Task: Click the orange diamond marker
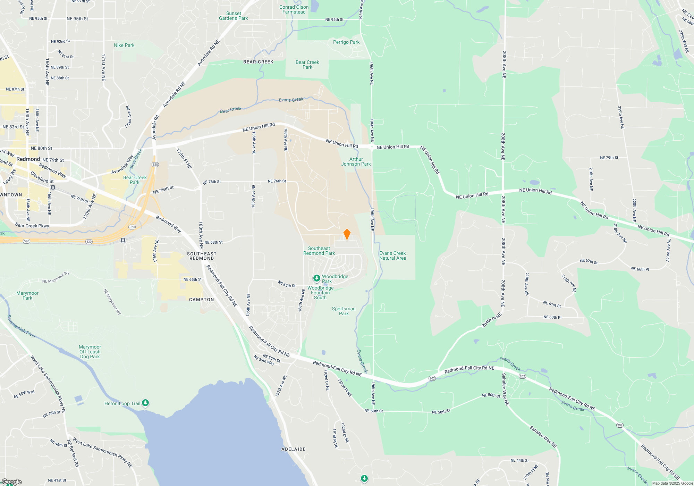click(347, 234)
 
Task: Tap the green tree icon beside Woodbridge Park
click(316, 278)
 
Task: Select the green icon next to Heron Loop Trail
click(146, 403)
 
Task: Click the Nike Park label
click(124, 45)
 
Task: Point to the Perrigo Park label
click(346, 42)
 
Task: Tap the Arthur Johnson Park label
click(356, 161)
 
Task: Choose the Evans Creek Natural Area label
click(392, 255)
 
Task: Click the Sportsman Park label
click(344, 311)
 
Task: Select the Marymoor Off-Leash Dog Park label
click(90, 352)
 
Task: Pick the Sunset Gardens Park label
click(234, 16)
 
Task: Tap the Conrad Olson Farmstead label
click(294, 9)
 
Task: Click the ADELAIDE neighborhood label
click(294, 449)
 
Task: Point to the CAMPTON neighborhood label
click(202, 300)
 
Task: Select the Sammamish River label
click(22, 326)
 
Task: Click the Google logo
click(11, 482)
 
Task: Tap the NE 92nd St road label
click(60, 41)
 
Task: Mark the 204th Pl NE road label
click(492, 320)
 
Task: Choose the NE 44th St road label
click(519, 461)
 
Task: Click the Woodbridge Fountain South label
click(320, 293)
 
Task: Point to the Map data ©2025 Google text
click(672, 483)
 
